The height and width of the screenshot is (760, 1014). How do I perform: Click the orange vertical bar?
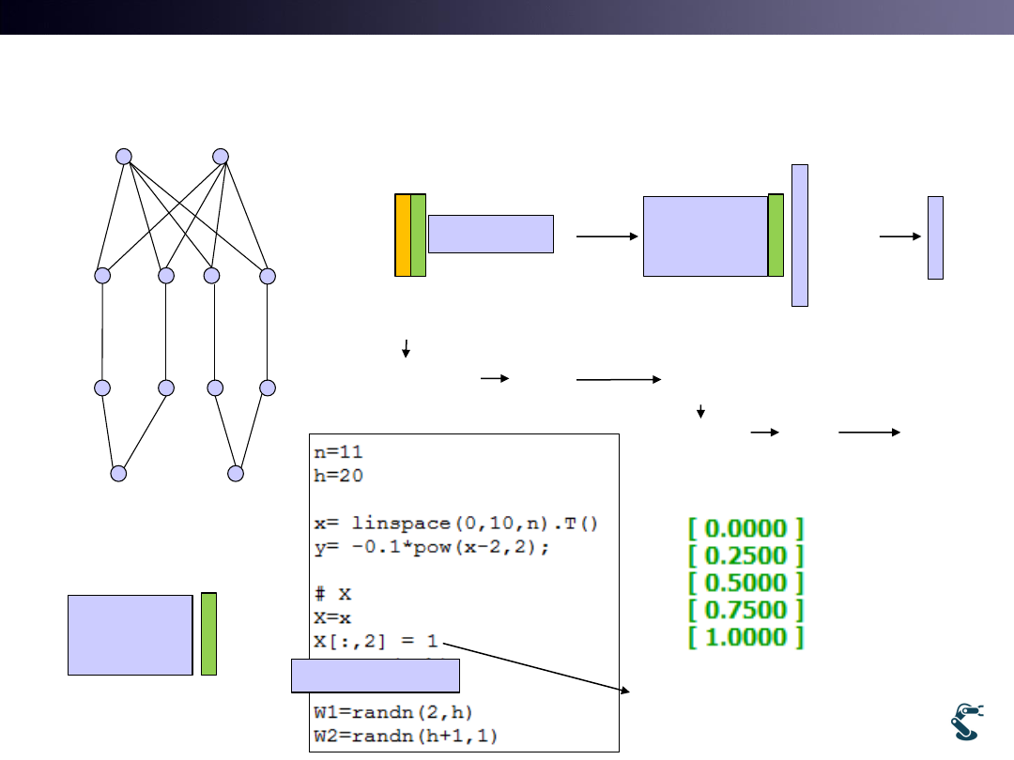(403, 236)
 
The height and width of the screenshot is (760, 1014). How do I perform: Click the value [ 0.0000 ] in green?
(746, 528)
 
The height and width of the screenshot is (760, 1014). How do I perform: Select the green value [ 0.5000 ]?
(746, 583)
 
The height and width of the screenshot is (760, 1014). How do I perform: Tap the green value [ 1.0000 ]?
(746, 637)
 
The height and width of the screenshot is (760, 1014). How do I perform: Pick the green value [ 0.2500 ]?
(746, 555)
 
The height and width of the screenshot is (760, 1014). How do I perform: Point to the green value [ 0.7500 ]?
(746, 610)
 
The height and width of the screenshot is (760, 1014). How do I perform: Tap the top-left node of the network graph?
(123, 157)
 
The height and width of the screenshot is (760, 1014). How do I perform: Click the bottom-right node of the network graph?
(236, 474)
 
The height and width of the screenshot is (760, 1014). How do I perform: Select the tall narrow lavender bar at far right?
(935, 237)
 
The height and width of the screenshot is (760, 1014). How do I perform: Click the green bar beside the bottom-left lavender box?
(208, 634)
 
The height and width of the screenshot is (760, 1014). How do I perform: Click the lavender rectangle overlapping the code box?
(375, 676)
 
